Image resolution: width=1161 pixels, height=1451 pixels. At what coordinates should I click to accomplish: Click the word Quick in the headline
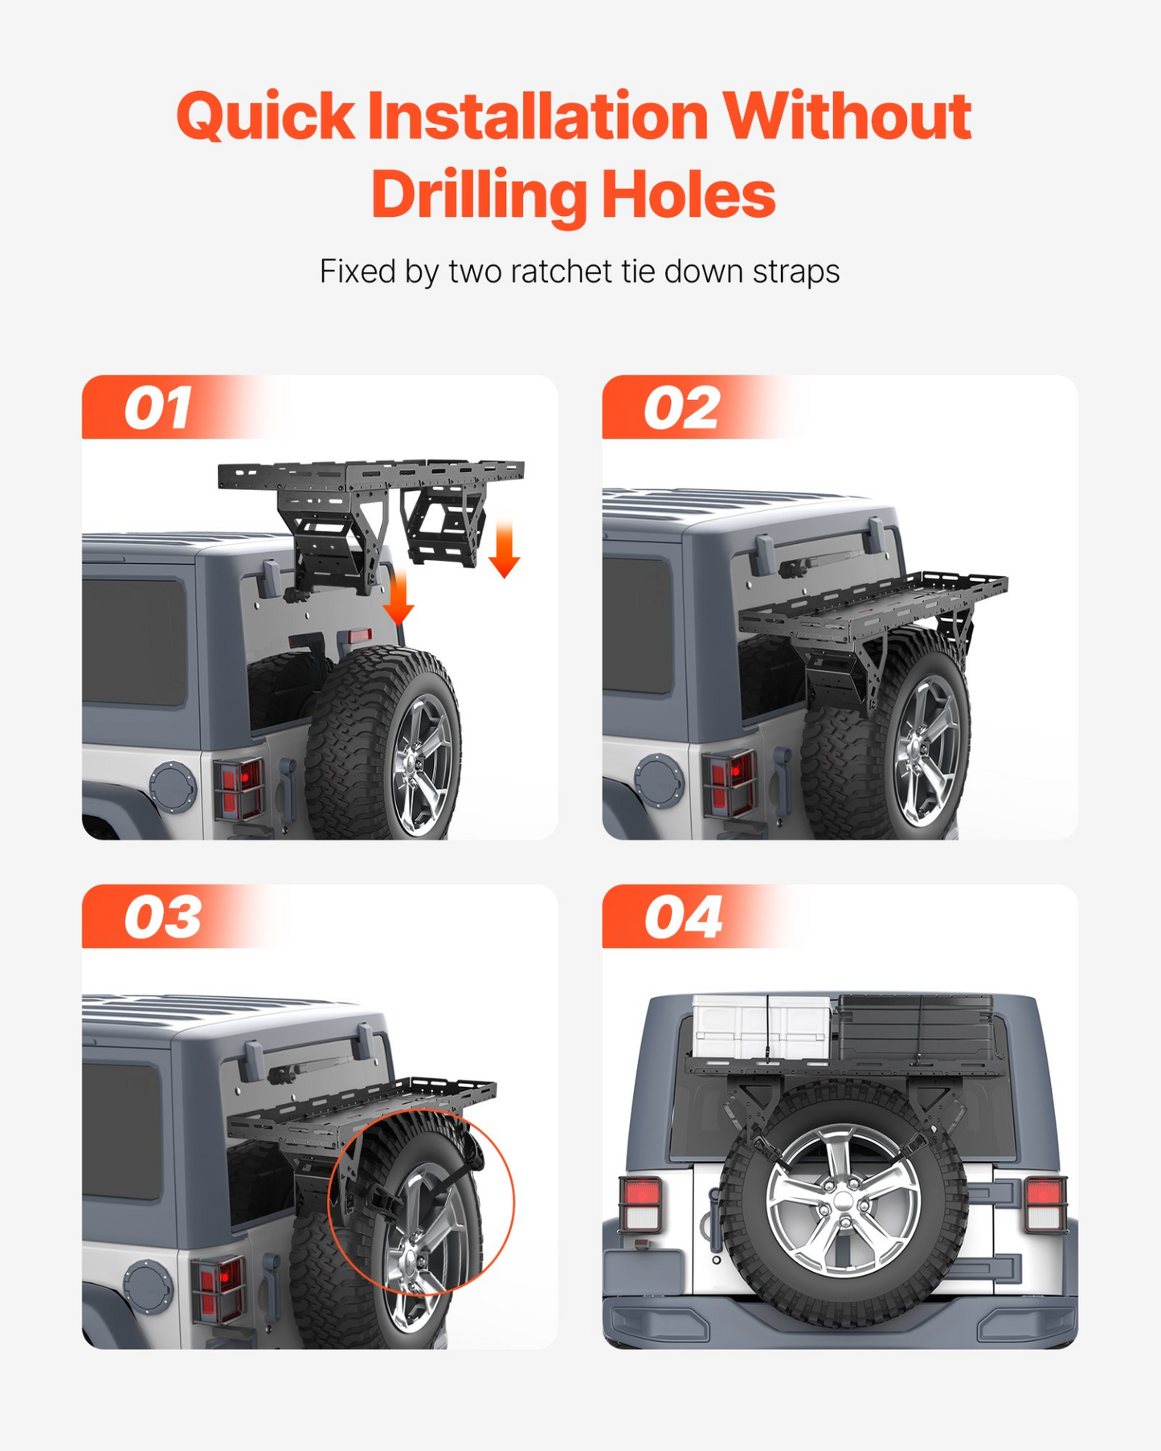[265, 117]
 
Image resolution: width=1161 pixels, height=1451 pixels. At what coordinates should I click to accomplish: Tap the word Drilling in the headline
[478, 196]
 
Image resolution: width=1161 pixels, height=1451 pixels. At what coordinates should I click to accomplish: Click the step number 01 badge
[157, 408]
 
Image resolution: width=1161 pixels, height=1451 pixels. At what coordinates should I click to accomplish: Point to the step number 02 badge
[681, 408]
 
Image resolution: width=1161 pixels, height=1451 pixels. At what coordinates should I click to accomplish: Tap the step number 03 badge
[162, 918]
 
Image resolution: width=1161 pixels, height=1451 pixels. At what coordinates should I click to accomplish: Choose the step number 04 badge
[683, 918]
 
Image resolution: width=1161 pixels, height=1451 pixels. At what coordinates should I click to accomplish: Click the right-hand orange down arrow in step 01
[504, 548]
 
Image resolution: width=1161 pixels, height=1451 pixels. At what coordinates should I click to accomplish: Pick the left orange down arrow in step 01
[398, 596]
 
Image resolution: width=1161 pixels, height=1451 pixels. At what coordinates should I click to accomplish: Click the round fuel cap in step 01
[173, 787]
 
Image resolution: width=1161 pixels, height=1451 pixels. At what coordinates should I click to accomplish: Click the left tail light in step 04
[640, 1203]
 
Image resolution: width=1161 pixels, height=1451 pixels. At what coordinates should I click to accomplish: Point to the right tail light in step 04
[1045, 1204]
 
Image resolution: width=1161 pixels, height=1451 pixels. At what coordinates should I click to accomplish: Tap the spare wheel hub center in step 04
[843, 1202]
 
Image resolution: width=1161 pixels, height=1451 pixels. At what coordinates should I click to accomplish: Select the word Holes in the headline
[689, 196]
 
